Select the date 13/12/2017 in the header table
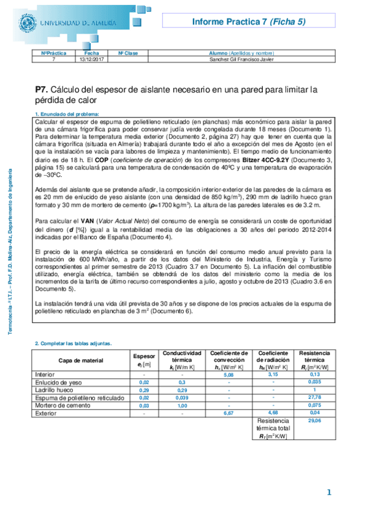(89, 59)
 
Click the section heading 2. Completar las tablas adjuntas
(73, 343)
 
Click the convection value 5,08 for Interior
(229, 374)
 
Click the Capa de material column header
(80, 360)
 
